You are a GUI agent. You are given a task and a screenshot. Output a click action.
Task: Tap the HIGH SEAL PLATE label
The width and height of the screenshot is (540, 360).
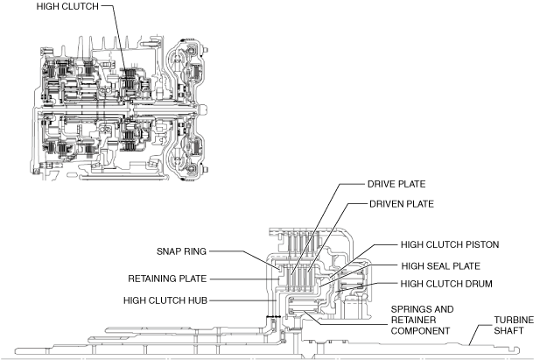[441, 265]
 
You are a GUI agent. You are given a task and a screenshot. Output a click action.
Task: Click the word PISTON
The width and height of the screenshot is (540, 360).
[478, 247]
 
